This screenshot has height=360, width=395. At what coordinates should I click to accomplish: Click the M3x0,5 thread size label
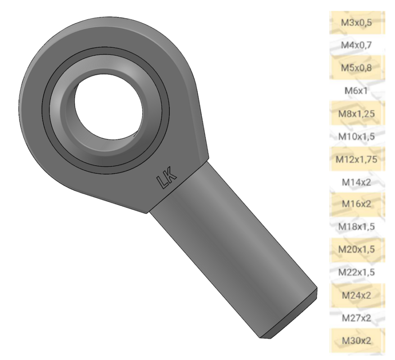[356, 23]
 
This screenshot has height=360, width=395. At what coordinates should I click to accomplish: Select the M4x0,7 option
[356, 45]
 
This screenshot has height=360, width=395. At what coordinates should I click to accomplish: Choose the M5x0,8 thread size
[356, 68]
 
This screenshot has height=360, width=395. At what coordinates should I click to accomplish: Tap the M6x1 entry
[356, 91]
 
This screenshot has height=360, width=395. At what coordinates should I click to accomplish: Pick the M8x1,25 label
[356, 114]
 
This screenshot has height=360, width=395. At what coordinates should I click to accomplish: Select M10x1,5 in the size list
[356, 137]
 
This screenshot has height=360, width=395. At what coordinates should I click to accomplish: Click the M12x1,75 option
[356, 159]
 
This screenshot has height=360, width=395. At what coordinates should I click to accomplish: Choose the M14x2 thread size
[356, 182]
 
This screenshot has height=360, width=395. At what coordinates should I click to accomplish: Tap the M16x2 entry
[356, 204]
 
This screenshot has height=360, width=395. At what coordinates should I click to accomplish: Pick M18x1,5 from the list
[356, 226]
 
